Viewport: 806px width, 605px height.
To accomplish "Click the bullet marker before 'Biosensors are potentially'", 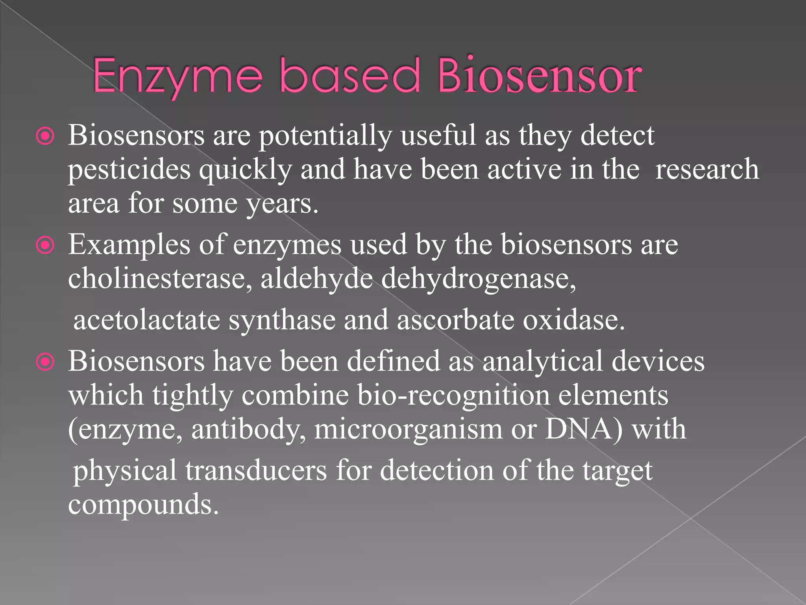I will [x=46, y=137].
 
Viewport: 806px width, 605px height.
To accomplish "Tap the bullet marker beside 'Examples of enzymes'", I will [x=46, y=246].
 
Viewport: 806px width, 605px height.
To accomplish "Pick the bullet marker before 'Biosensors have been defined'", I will [x=46, y=362].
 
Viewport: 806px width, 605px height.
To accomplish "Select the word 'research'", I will [x=707, y=169].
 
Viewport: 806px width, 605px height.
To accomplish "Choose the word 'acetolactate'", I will [x=147, y=320].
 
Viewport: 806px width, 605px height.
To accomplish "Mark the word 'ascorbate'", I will [x=455, y=320].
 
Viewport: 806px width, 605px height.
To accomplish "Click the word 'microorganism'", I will [x=408, y=430].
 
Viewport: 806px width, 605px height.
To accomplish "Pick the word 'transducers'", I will [x=256, y=471].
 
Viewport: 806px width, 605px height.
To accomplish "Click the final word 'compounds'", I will [x=143, y=505].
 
